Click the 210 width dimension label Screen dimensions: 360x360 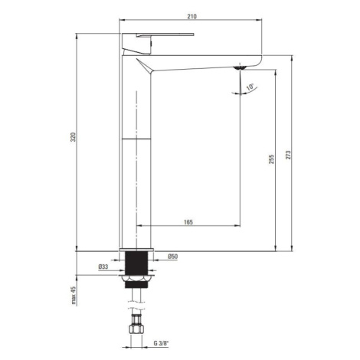(192, 16)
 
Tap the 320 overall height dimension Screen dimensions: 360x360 (74, 137)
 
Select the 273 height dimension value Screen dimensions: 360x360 (288, 155)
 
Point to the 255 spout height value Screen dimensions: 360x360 (271, 159)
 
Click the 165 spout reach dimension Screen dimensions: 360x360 (188, 222)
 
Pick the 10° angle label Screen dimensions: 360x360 (250, 87)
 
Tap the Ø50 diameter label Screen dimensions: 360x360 (172, 257)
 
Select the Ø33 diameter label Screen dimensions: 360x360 (103, 267)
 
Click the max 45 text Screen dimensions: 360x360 (74, 296)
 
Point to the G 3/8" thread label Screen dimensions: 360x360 (162, 343)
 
